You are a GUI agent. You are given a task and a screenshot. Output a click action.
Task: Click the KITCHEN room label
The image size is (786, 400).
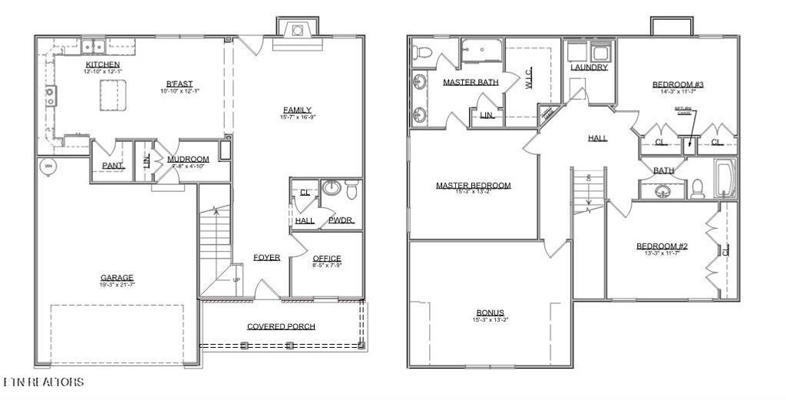coord(102,64)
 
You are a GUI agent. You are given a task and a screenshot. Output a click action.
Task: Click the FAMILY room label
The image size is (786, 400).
coord(296,110)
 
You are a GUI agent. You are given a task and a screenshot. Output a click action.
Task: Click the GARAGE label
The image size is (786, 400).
coord(117,278)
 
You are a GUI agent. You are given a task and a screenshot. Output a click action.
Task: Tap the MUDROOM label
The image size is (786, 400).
coord(188,160)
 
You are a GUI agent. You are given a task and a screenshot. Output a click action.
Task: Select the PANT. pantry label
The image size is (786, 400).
coord(113,165)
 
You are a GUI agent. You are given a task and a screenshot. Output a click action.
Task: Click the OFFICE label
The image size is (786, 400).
coord(327,258)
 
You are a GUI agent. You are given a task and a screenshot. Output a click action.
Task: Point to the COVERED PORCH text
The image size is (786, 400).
coord(281,326)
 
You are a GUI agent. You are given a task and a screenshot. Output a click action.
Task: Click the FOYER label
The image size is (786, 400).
coord(266,257)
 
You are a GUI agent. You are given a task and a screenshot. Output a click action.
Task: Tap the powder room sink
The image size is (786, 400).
coord(331,188)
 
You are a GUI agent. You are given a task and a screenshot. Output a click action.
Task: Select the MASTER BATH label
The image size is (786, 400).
coord(471,81)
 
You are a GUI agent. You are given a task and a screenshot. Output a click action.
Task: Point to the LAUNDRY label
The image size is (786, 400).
coord(589,68)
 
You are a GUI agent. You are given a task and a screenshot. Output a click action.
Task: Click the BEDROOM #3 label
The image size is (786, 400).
coord(679,84)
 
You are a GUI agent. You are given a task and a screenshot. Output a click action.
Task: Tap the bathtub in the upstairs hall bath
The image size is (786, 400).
coord(725,179)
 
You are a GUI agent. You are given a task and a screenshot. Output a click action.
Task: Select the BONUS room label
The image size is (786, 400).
coord(490,312)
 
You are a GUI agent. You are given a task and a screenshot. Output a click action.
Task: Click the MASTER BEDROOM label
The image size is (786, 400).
coord(473,185)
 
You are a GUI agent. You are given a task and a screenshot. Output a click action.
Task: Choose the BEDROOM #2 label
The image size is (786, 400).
coord(662,246)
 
